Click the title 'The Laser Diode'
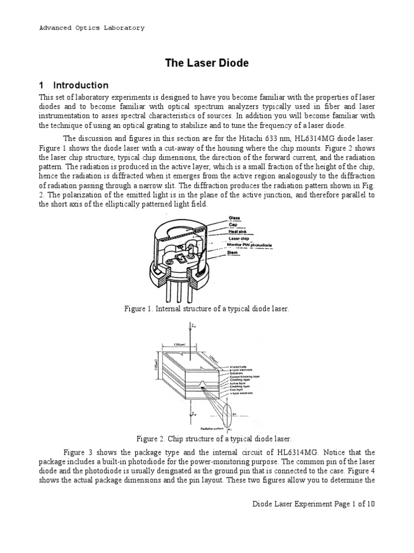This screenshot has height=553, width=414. click(206, 63)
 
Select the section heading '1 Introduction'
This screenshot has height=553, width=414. click(73, 85)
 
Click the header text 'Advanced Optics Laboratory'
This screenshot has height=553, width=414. click(92, 28)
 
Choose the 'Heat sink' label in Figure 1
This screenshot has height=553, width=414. click(239, 232)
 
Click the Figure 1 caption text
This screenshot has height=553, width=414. click(206, 308)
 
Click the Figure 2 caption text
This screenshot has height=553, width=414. click(206, 439)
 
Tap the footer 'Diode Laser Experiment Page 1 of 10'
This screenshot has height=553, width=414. click(314, 503)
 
